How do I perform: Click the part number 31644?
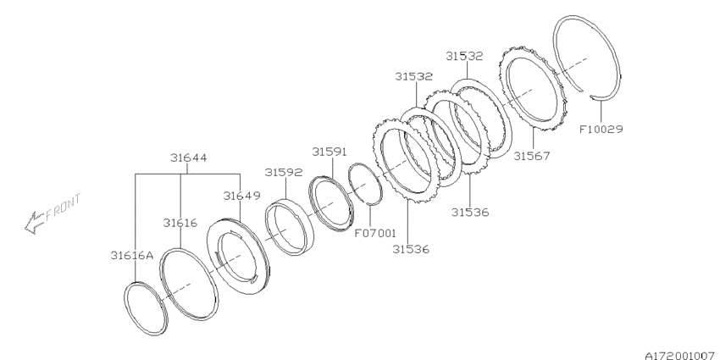188,158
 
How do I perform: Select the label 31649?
242,196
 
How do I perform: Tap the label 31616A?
132,255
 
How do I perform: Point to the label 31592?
284,172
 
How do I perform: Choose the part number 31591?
330,152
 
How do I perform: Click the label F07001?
375,233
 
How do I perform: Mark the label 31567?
531,156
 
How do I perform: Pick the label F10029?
601,130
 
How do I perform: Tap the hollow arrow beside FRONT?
35,222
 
